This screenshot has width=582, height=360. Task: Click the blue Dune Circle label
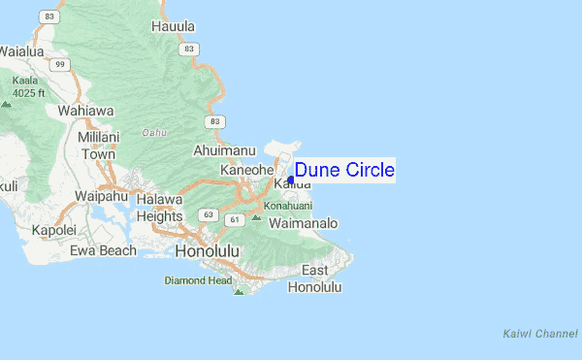[x=344, y=171]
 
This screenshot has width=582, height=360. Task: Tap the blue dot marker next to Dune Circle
[x=291, y=180]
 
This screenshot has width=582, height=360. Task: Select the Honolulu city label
[x=208, y=251]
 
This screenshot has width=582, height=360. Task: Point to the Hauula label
[x=173, y=27]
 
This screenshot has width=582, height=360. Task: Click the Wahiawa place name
[x=86, y=110]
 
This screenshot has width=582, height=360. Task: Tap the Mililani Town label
[x=98, y=146]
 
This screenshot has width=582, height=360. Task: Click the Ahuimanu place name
[x=224, y=150]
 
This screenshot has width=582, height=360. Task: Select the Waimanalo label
[x=303, y=223]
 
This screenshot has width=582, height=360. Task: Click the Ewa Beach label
[x=104, y=250]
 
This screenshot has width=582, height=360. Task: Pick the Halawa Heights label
[x=159, y=208]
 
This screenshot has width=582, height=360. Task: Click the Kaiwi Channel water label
[x=540, y=333]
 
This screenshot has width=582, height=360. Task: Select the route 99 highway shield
[x=60, y=64]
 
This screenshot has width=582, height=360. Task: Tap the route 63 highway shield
[x=209, y=213]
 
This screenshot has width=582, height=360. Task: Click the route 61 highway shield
[x=234, y=221]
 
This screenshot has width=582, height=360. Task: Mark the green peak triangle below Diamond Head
[x=239, y=290]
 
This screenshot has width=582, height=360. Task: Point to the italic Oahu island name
[x=155, y=132]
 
